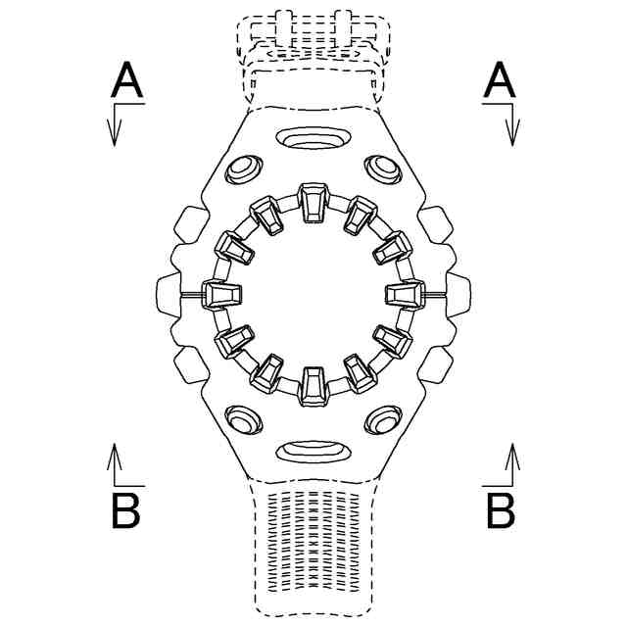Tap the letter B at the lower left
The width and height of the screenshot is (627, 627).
(x=126, y=510)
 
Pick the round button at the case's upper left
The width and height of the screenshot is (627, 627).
(x=241, y=170)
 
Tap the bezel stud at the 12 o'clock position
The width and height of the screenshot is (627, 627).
(x=313, y=202)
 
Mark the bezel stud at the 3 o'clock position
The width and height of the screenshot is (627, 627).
(x=404, y=294)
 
